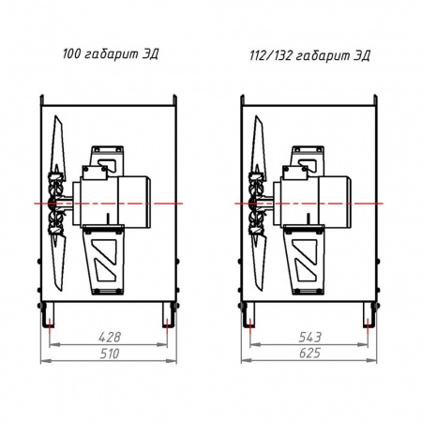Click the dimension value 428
(110, 337)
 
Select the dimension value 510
(110, 354)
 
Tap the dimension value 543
(309, 337)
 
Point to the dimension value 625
(309, 354)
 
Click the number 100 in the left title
(71, 53)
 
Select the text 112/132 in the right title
(271, 55)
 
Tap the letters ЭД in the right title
(362, 56)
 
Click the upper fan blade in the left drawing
(58, 143)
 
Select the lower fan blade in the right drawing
(259, 263)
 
